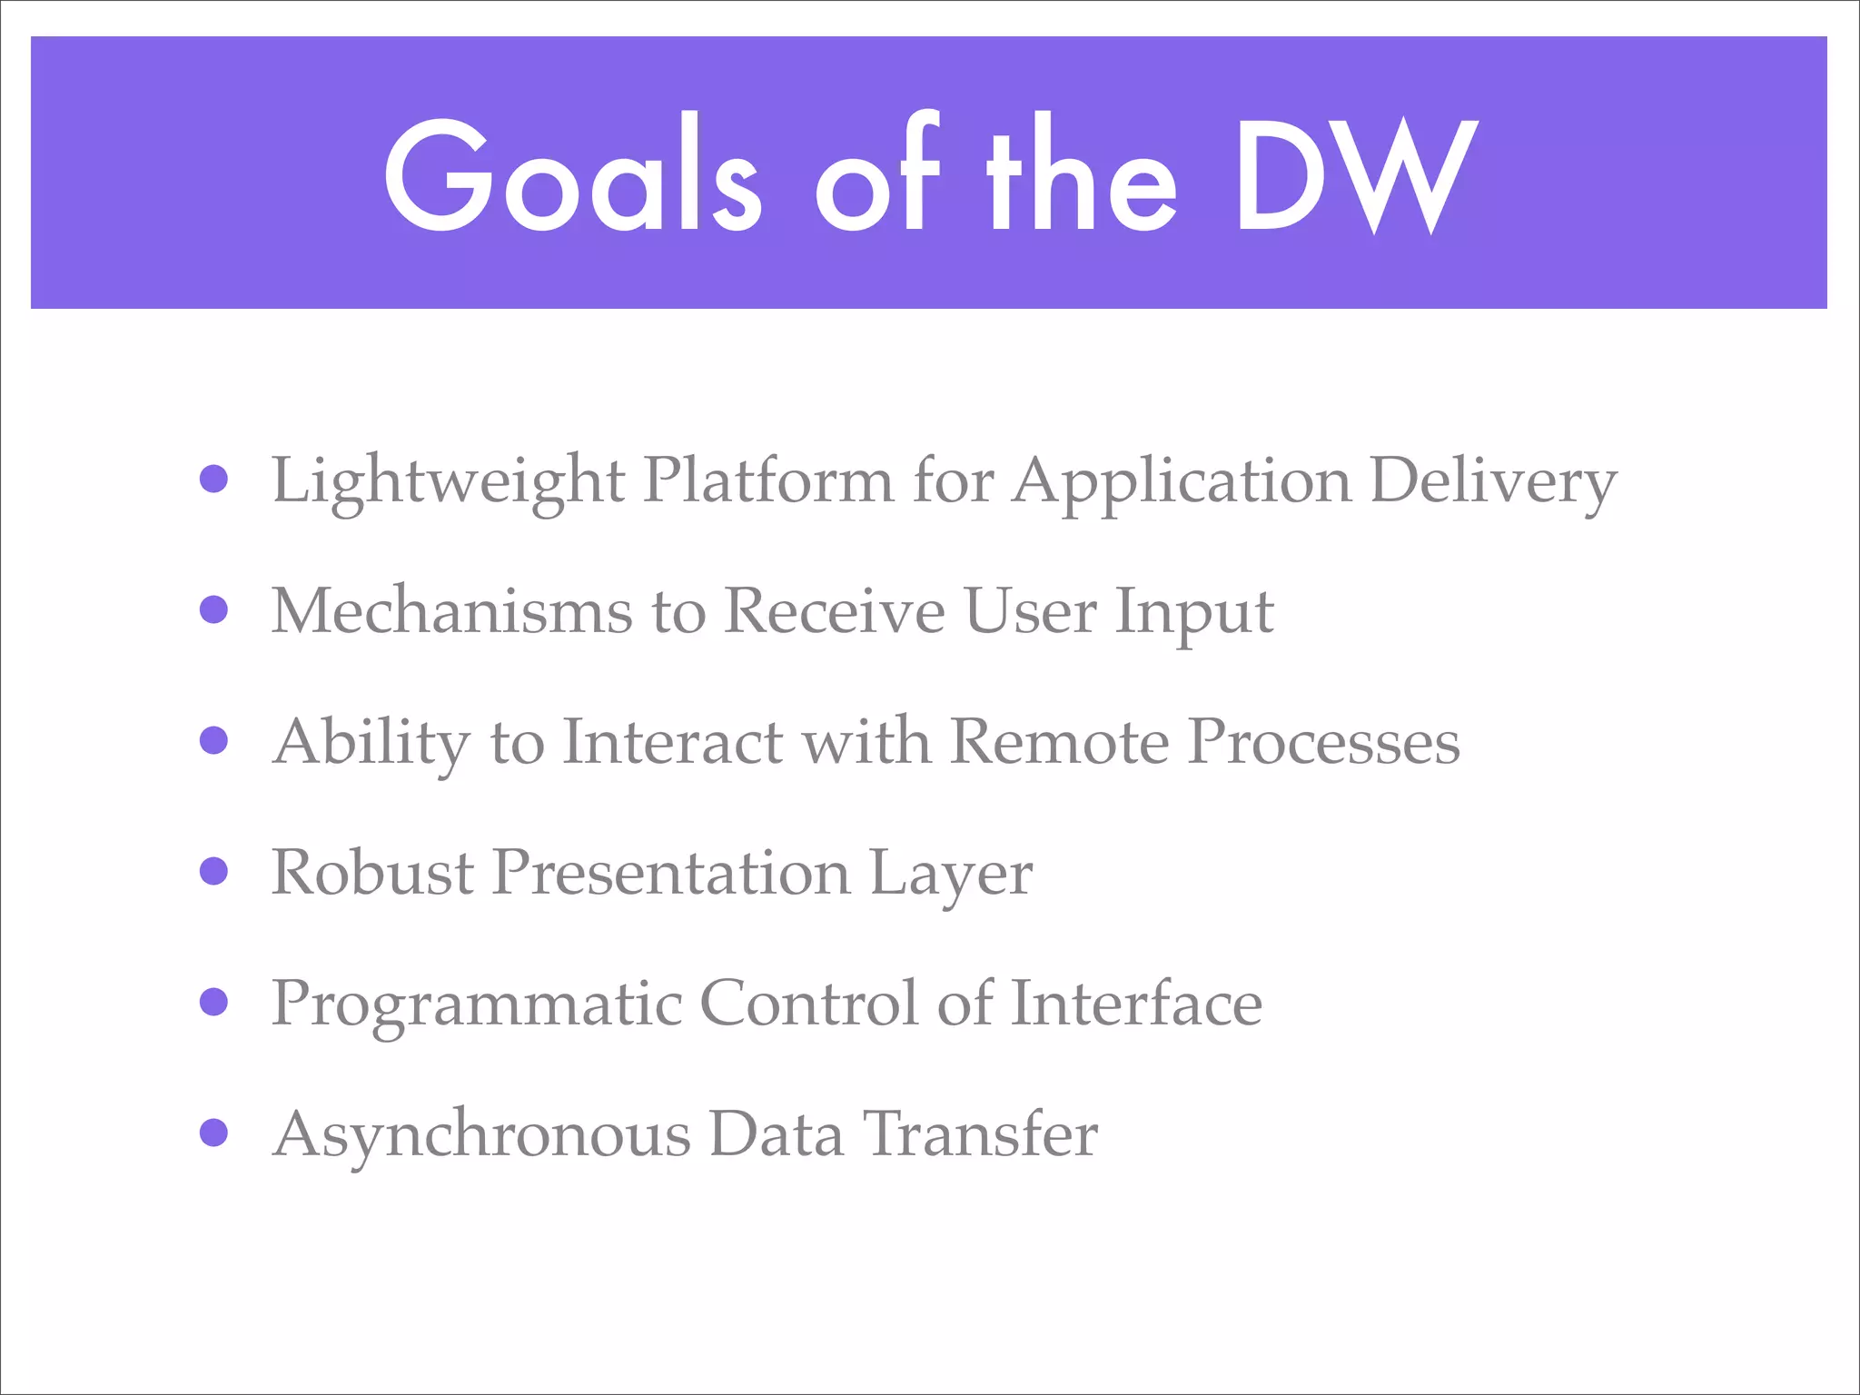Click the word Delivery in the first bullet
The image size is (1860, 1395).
pyautogui.click(x=1493, y=481)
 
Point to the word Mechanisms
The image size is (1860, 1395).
pyautogui.click(x=451, y=611)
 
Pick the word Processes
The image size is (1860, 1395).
pyautogui.click(x=1324, y=742)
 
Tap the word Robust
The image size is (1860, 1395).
pyautogui.click(x=372, y=873)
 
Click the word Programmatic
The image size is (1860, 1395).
pyautogui.click(x=477, y=1004)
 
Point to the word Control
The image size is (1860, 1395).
pyautogui.click(x=808, y=1003)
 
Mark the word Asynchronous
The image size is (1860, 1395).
pyautogui.click(x=481, y=1135)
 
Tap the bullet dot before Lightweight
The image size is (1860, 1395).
pyautogui.click(x=213, y=479)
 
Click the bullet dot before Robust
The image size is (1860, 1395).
pyautogui.click(x=213, y=871)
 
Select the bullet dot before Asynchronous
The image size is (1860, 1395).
pyautogui.click(x=213, y=1133)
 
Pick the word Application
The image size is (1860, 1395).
pyautogui.click(x=1182, y=481)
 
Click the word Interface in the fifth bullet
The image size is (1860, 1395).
pyautogui.click(x=1136, y=1003)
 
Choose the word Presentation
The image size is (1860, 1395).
pyautogui.click(x=671, y=873)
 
